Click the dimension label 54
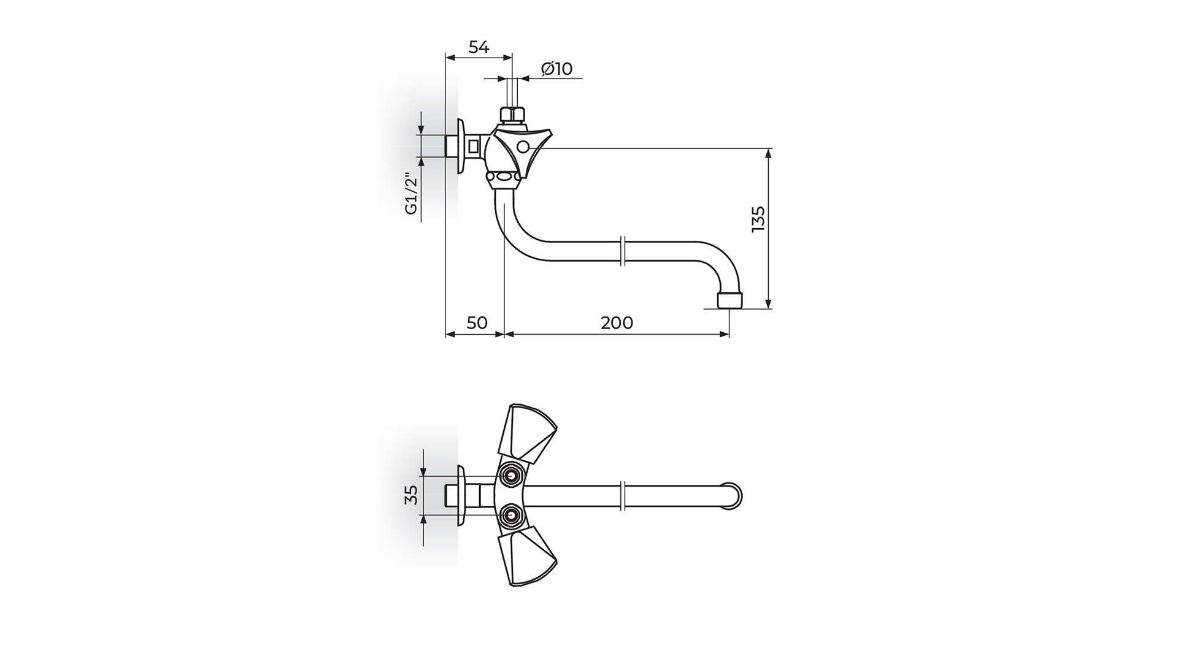pyautogui.click(x=479, y=47)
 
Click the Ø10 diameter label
pyautogui.click(x=556, y=69)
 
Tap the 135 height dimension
pyautogui.click(x=758, y=219)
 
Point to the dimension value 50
pyautogui.click(x=477, y=322)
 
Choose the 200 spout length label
pyautogui.click(x=617, y=322)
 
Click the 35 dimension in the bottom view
pyautogui.click(x=412, y=494)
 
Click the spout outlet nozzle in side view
pyautogui.click(x=730, y=300)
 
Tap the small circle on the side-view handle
pyautogui.click(x=523, y=147)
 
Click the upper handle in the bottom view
pyautogui.click(x=528, y=433)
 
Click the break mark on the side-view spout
pyautogui.click(x=623, y=251)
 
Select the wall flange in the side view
pyautogui.click(x=461, y=147)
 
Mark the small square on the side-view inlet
pyautogui.click(x=473, y=147)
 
